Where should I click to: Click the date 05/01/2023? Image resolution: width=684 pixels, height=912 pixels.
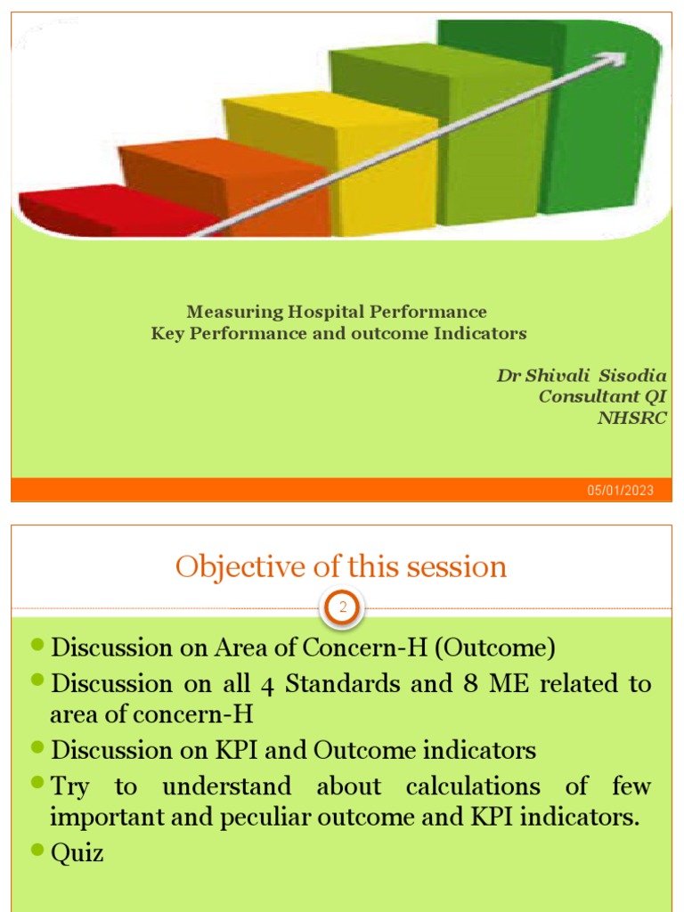coord(620,491)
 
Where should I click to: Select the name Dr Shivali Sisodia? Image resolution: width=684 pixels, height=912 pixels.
coord(582,376)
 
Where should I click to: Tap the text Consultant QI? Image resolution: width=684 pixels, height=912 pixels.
coord(602,397)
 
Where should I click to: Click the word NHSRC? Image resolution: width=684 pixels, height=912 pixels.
coord(631,419)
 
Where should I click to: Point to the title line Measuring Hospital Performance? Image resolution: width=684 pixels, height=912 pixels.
coord(337,312)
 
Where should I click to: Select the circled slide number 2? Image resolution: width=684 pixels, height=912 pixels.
coord(342,609)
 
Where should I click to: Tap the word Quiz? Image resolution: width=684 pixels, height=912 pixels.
coord(77,853)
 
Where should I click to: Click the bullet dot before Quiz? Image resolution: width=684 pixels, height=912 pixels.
coord(37,851)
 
